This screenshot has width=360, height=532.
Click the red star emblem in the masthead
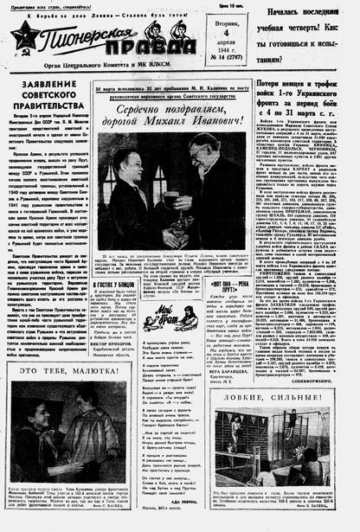tap(24, 35)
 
